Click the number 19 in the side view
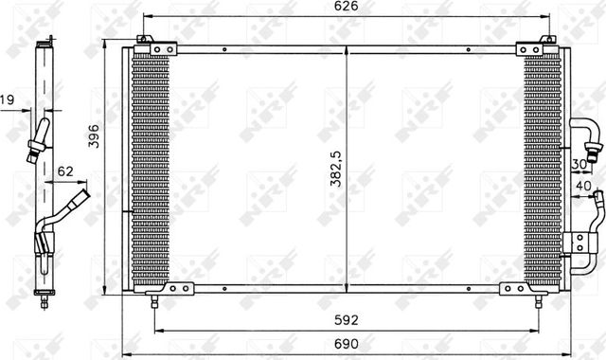click(x=7, y=98)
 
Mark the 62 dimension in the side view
click(x=64, y=171)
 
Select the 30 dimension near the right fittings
click(x=579, y=164)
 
